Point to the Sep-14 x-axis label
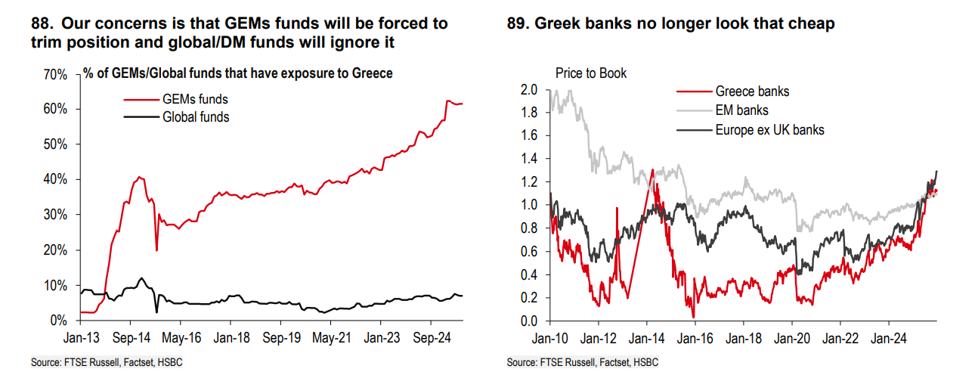click(138, 337)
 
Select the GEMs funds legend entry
click(195, 99)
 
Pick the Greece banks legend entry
click(752, 91)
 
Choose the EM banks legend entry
click(742, 110)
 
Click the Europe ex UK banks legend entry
click(769, 129)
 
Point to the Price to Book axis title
click(591, 73)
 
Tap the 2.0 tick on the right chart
click(528, 90)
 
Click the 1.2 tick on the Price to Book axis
click(528, 182)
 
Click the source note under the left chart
click(107, 363)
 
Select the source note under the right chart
click(583, 363)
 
